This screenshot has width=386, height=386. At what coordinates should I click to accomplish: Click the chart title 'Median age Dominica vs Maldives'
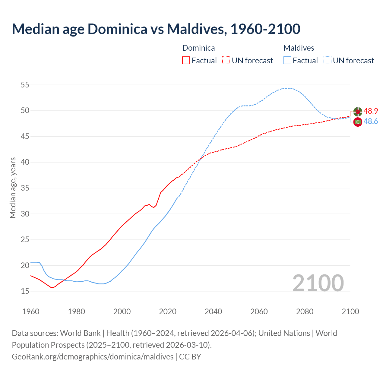156,29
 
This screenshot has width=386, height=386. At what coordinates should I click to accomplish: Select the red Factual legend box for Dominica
186,60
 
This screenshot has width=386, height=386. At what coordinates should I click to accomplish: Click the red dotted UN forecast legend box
226,60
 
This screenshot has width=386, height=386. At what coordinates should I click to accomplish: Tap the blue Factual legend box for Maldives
287,60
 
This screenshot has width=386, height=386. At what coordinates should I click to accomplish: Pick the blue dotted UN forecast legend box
327,60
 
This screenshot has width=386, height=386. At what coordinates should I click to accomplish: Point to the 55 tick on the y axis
25,85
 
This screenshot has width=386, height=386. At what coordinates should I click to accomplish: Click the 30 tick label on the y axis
25,214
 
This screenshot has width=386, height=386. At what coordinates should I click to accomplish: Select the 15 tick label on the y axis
25,291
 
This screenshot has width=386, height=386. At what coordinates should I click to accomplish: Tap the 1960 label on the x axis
31,312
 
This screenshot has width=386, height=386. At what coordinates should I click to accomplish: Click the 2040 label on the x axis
213,312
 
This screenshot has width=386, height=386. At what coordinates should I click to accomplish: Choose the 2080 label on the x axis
305,312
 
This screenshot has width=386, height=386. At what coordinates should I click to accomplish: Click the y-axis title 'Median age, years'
13,188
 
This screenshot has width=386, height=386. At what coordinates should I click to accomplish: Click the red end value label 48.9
371,111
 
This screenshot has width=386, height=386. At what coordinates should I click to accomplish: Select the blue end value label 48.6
371,122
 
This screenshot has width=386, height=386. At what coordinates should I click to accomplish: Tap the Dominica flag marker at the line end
358,112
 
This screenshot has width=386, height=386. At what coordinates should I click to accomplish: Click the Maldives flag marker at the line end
358,122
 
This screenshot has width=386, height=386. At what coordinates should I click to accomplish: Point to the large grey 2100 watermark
318,283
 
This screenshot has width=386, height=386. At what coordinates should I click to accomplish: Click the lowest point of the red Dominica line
52,287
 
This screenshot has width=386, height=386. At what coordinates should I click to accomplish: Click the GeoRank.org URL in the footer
93,357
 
